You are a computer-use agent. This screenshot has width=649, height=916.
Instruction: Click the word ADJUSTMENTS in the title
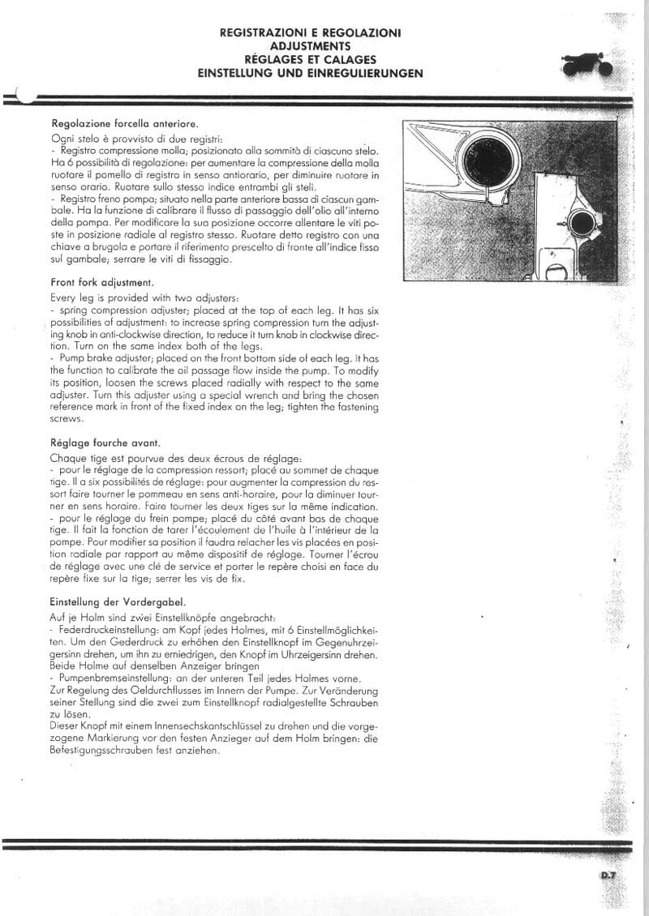310,46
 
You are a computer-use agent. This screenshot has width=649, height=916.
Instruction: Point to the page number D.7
609,874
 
